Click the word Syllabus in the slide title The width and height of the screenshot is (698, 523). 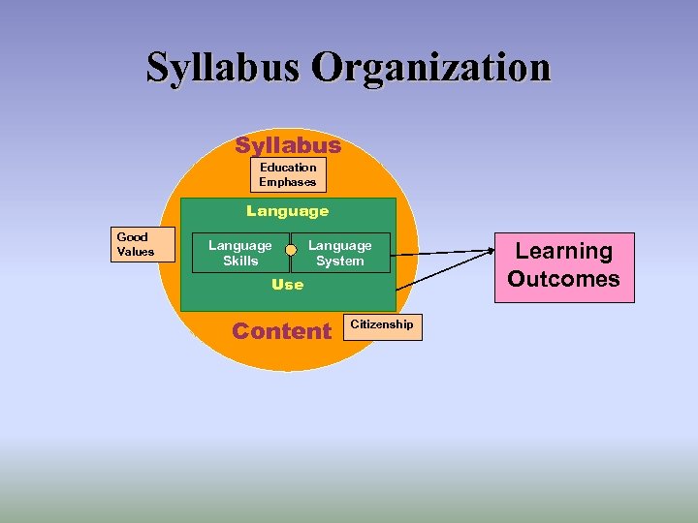point(227,68)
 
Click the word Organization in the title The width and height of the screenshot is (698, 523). point(431,68)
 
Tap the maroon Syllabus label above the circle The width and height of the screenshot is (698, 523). point(288,145)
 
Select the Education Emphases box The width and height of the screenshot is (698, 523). point(288,174)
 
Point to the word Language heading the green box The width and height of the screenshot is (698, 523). point(287,210)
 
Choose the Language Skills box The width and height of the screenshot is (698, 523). point(240,253)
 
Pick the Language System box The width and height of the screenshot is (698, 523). point(340,253)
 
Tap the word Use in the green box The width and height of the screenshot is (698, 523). point(287,285)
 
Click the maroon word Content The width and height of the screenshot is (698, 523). point(282,331)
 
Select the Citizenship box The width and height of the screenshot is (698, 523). point(382,325)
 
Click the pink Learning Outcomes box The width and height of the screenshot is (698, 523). point(563,266)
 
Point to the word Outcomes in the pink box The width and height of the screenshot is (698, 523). point(563,280)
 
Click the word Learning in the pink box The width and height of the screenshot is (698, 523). point(563,252)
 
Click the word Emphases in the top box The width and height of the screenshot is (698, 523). point(288,182)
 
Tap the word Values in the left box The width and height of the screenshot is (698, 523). point(136,252)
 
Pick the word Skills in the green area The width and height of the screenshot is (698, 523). point(240,261)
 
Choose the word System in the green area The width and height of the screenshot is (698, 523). point(340,261)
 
